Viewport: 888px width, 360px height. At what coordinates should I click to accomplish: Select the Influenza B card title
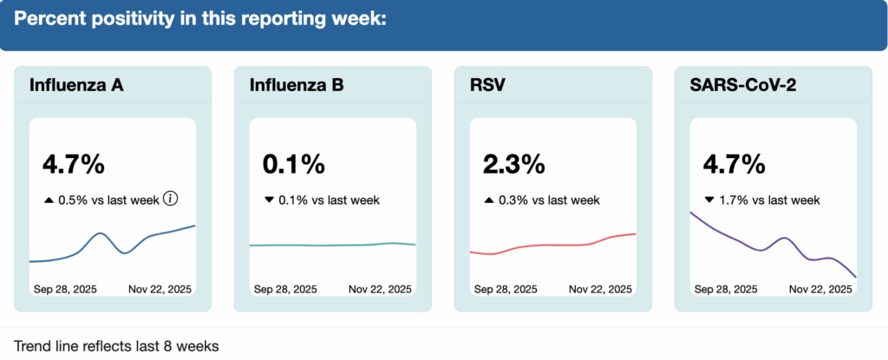coord(297,85)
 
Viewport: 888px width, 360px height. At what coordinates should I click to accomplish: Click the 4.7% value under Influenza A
coord(73,163)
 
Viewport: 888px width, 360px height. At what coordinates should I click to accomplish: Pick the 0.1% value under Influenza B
coord(293,163)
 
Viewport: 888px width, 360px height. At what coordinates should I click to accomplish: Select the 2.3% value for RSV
coord(513,163)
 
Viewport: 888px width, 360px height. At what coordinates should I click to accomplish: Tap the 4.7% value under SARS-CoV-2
coord(734,163)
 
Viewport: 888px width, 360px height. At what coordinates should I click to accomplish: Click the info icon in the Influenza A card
coord(170,200)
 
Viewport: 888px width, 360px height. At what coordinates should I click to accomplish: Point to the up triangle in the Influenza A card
coord(49,200)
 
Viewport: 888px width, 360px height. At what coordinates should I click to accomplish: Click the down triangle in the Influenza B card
coord(269,200)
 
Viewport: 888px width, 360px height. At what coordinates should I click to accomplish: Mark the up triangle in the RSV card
coord(489,200)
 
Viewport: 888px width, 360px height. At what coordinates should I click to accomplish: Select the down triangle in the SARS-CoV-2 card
coord(709,200)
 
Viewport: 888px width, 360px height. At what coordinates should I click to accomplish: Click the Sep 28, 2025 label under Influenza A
coord(64,289)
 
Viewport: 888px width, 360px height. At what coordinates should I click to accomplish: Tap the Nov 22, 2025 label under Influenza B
coord(381,289)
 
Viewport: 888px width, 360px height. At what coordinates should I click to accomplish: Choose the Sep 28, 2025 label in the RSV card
coord(505,289)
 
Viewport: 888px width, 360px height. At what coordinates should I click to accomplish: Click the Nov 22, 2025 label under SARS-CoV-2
coord(821,289)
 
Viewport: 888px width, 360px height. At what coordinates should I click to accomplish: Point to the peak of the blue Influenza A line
coord(102,233)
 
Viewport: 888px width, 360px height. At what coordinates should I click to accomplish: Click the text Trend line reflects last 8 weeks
coord(117,346)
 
